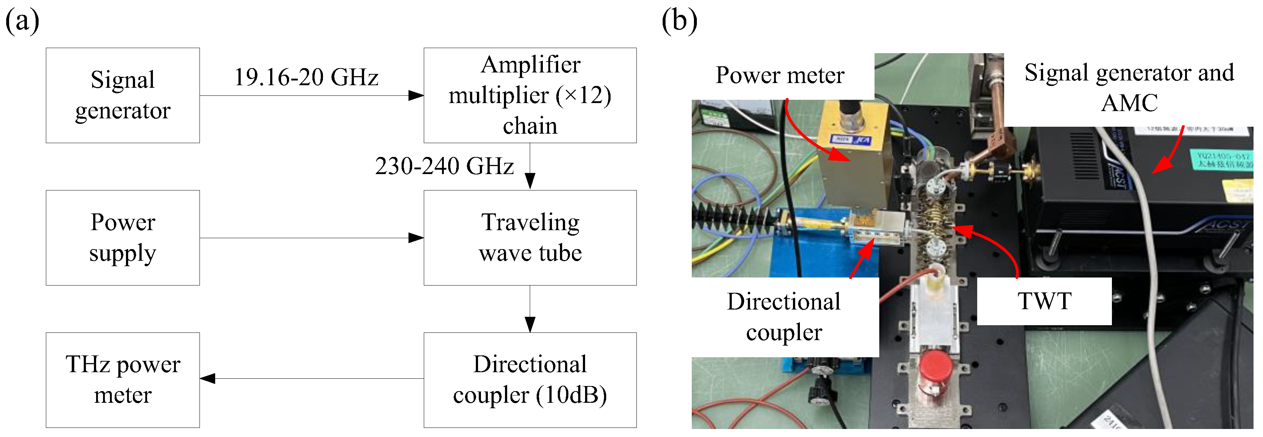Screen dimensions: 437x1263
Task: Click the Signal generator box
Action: tap(123, 95)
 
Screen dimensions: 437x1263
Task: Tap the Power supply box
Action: tap(123, 237)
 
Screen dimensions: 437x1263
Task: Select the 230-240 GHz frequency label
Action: tap(444, 166)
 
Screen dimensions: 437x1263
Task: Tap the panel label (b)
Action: tap(679, 21)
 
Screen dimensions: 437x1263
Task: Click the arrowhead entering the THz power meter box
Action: tap(208, 378)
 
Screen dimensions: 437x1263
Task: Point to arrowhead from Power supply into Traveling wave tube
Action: tap(416, 238)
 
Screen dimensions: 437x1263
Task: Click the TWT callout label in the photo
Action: tap(1044, 301)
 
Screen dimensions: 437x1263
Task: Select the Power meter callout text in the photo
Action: tap(779, 75)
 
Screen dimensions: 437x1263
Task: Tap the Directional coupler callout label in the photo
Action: tap(784, 316)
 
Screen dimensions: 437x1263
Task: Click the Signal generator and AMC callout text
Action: tap(1129, 87)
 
